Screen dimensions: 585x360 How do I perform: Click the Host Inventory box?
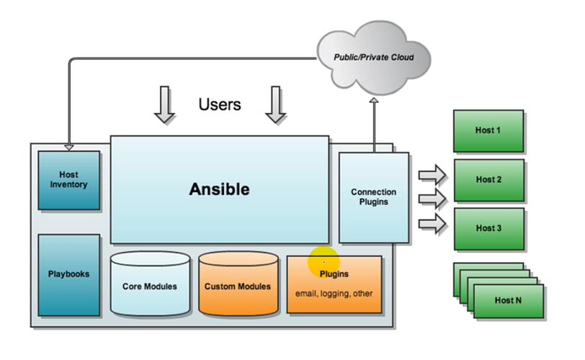click(69, 180)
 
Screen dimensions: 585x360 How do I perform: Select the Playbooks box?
click(69, 275)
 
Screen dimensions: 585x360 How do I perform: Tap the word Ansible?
click(219, 189)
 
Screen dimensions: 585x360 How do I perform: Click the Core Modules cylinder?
click(150, 284)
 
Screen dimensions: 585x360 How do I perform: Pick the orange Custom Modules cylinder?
click(238, 284)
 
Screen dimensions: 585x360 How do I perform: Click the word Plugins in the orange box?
click(334, 274)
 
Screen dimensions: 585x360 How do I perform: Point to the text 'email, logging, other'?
click(334, 294)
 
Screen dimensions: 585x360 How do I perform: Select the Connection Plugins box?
click(374, 197)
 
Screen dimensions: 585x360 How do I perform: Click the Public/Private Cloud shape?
click(374, 57)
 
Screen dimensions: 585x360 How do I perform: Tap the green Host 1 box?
click(488, 131)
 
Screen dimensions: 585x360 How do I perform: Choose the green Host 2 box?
click(489, 180)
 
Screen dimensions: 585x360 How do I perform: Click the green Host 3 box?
click(489, 229)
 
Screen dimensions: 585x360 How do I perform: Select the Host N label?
click(508, 300)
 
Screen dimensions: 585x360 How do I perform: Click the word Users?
click(220, 104)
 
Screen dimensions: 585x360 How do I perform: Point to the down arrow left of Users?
click(164, 104)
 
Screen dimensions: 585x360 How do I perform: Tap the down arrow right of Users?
click(275, 104)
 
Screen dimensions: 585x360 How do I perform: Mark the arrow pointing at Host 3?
click(432, 224)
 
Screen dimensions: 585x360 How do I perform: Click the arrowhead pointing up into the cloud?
click(374, 100)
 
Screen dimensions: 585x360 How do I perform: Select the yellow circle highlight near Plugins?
click(324, 262)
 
